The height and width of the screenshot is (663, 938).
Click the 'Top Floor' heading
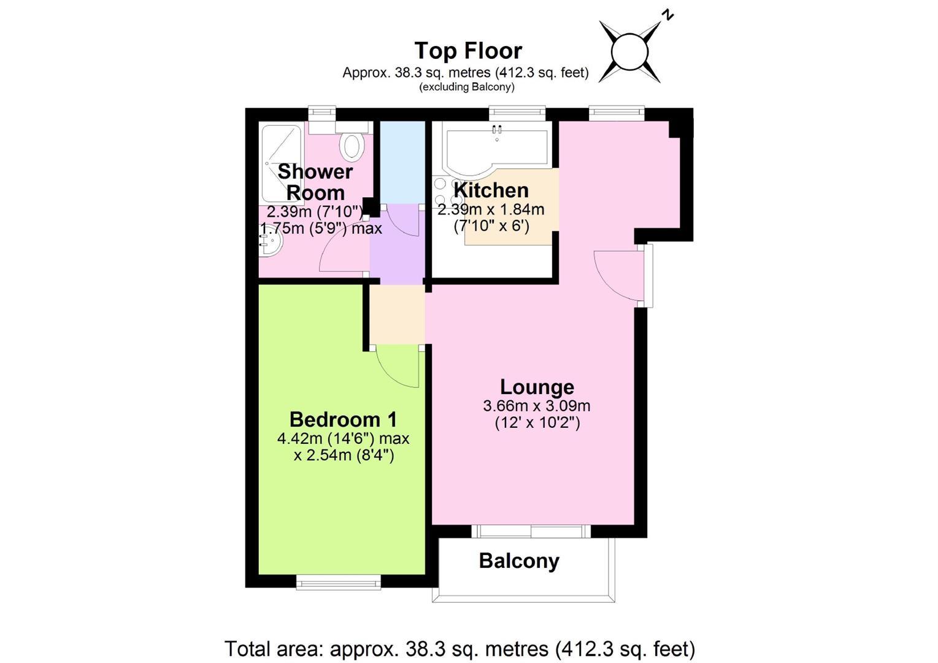[x=468, y=51]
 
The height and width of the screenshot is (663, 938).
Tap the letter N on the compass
[x=667, y=15]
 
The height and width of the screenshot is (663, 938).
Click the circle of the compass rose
[x=629, y=52]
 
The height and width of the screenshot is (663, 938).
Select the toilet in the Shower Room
[x=352, y=142]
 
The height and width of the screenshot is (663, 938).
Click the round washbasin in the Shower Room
[x=270, y=244]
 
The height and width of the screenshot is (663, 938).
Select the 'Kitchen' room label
[x=491, y=190]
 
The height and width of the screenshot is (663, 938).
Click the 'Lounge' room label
[x=537, y=387]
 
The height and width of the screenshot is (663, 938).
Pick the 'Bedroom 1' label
[x=343, y=419]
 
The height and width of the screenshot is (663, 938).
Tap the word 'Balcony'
[x=519, y=560]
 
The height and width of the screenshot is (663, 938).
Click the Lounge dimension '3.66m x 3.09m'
[x=537, y=406]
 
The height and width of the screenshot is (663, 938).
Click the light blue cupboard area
[x=402, y=163]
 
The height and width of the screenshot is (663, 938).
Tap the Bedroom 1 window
[x=339, y=582]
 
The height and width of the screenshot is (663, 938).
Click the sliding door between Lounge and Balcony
[x=531, y=532]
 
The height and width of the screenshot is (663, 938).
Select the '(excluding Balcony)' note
[x=466, y=87]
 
